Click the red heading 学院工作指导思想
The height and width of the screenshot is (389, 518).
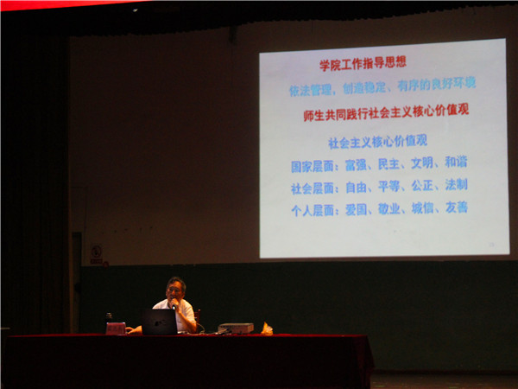tap(363, 63)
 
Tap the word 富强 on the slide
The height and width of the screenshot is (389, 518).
tap(356, 163)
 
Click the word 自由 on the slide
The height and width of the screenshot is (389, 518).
tap(356, 185)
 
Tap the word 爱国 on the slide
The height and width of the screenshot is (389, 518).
tap(356, 208)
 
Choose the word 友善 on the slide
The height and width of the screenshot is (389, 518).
tap(457, 207)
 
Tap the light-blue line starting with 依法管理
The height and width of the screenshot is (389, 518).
tap(382, 86)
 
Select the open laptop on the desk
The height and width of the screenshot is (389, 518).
tap(160, 322)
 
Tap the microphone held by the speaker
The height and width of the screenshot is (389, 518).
tap(174, 304)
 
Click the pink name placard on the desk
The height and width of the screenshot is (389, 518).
tap(116, 328)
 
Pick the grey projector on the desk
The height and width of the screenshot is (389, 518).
tap(235, 328)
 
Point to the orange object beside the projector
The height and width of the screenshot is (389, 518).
tap(267, 328)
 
